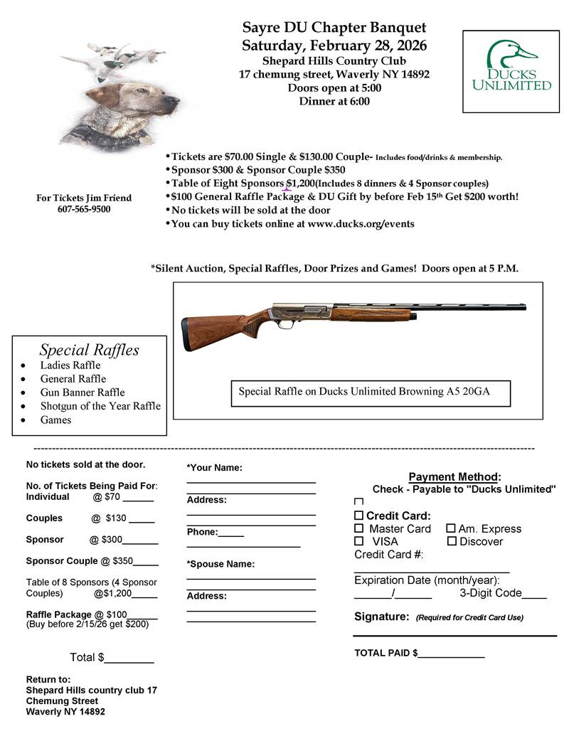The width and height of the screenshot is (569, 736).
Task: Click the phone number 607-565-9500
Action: pos(84,209)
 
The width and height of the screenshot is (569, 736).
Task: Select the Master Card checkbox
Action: pos(359,529)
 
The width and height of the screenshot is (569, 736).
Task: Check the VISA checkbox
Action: pos(359,542)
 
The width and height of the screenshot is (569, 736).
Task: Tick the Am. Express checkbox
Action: pos(451,529)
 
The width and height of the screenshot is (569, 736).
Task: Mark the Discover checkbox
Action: pos(451,542)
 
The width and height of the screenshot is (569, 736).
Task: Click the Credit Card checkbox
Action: pos(359,516)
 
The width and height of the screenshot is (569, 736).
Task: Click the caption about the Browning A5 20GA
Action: pos(371,391)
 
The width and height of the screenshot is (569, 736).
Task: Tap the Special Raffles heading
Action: pos(89,350)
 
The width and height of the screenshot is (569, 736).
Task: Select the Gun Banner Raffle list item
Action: pos(82,393)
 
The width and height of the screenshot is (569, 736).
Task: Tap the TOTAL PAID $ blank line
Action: pos(451,654)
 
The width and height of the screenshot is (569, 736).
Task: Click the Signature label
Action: pos(381,617)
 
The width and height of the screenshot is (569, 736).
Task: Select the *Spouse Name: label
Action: pos(220,565)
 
